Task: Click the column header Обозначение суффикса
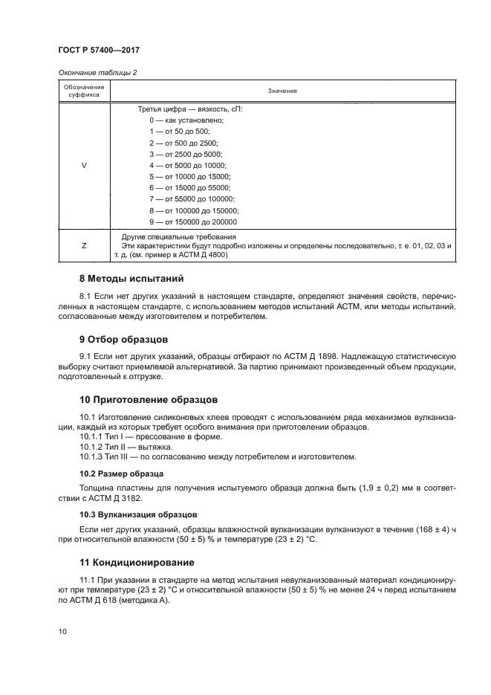point(83,91)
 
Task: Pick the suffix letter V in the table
point(83,165)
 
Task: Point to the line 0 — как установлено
point(186,120)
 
